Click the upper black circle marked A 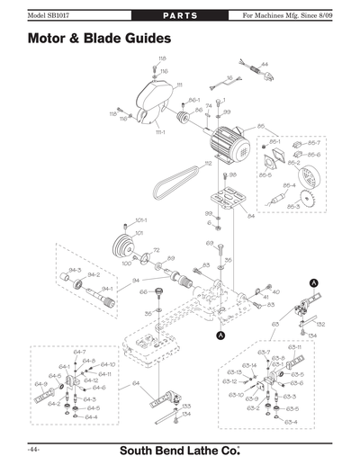click(312, 282)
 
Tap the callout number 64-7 click(79, 352)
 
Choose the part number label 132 click(320, 323)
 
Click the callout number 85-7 click(314, 142)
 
